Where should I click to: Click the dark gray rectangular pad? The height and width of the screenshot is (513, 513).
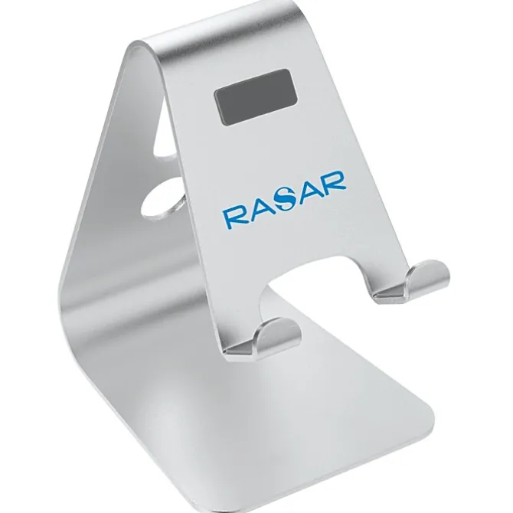(256, 96)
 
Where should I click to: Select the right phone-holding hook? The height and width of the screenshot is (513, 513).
(413, 281)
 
